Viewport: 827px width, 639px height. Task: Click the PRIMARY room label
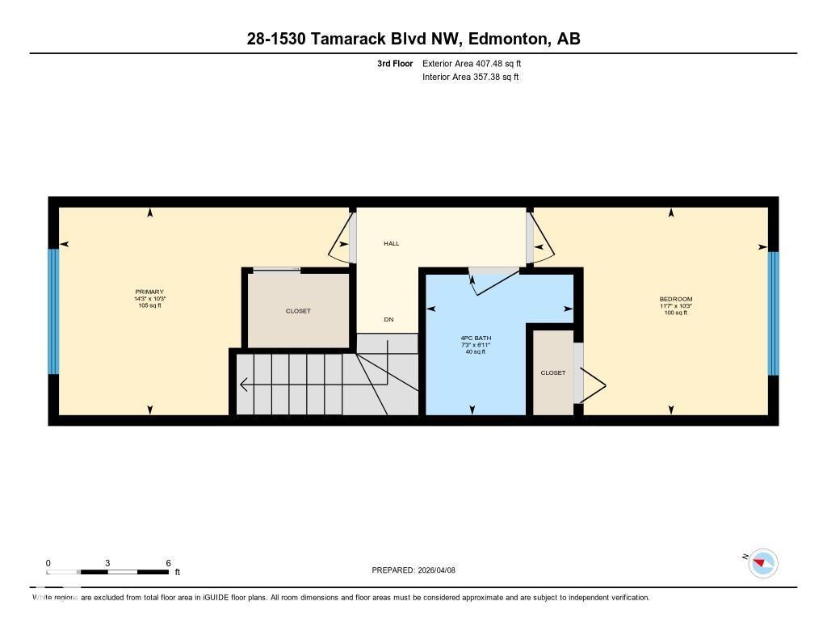[149, 292]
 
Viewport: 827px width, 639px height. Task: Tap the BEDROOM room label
[675, 300]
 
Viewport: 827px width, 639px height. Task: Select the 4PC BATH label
[476, 338]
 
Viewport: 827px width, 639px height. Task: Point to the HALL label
[391, 243]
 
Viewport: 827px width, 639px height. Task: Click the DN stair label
[388, 320]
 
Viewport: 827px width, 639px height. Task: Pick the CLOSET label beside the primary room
[298, 311]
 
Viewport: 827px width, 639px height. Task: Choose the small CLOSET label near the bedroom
[553, 372]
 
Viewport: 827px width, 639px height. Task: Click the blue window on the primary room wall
[53, 311]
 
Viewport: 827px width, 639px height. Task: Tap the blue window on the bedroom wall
[773, 313]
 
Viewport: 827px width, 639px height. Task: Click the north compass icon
[762, 562]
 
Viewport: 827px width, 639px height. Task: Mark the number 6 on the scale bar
[168, 563]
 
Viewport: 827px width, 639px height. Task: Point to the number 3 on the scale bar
[107, 563]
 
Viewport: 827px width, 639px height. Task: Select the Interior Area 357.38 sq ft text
[470, 78]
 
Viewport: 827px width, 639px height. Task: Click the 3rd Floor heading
[394, 63]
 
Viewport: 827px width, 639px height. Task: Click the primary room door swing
[339, 242]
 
